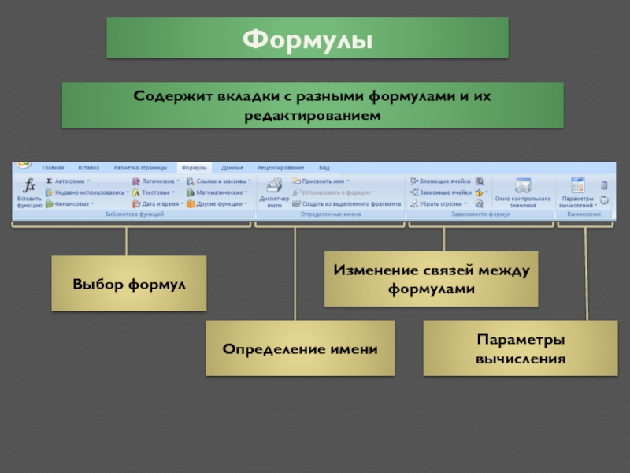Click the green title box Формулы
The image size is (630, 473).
pos(307,38)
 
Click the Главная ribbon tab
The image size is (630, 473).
pos(54,168)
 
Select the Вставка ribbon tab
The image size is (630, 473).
pos(89,168)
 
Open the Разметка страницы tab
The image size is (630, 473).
pos(140,168)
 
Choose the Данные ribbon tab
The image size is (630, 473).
pos(232,168)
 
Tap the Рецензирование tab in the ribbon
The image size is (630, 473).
pos(280,168)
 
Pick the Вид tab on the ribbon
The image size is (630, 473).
pos(324,168)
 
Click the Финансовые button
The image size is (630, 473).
pos(70,203)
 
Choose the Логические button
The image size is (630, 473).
pos(155,181)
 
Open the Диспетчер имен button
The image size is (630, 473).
pos(274,193)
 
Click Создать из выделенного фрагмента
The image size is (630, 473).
pos(346,203)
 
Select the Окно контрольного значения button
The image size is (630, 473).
pos(522,193)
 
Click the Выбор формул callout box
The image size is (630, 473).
pos(129,283)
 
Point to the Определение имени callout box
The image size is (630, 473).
pos(299,348)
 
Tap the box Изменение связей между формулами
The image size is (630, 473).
pos(432,279)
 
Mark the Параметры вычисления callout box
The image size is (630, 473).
pos(521,348)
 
